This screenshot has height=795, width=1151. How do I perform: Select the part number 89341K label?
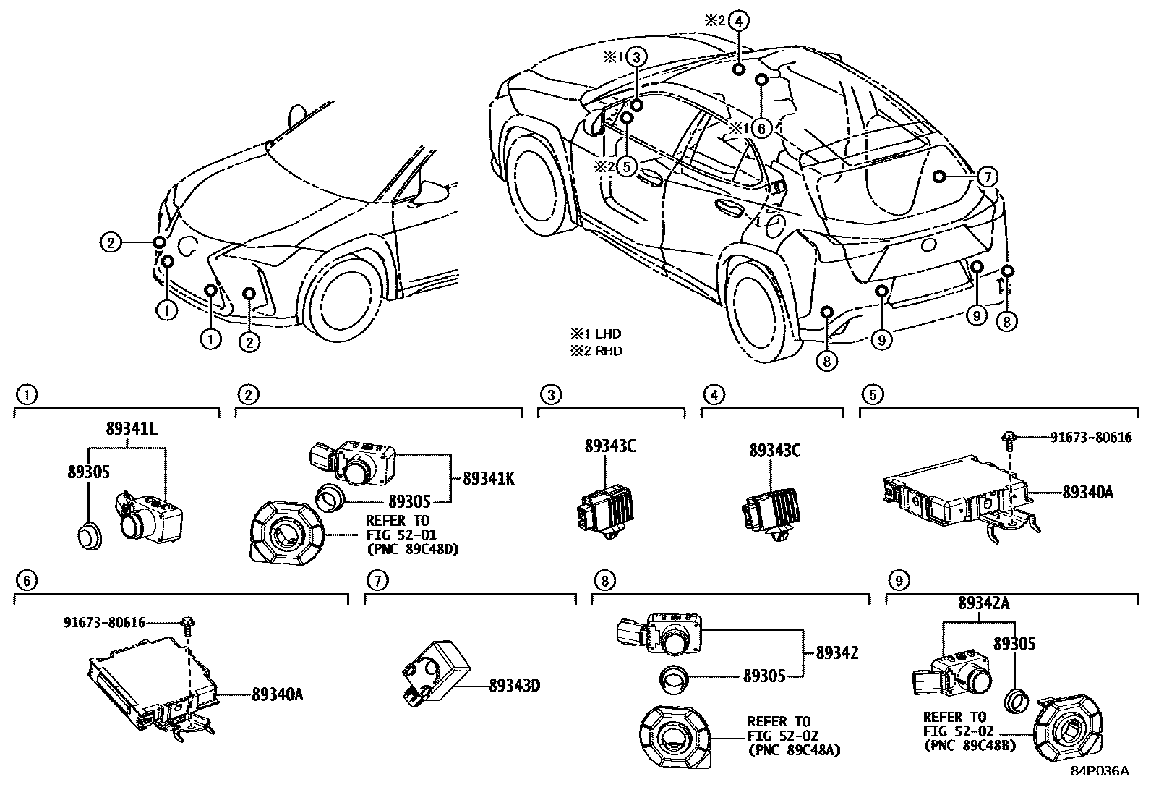[488, 478]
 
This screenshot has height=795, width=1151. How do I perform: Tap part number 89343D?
[515, 684]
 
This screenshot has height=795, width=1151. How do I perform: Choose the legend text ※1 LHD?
[596, 334]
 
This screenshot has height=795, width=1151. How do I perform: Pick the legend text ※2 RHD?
[596, 351]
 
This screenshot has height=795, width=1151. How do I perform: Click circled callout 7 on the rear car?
[987, 176]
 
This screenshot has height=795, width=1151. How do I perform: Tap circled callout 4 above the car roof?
[737, 21]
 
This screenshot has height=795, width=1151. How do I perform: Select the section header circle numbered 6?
[25, 580]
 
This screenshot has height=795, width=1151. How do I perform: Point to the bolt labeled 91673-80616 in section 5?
[1010, 437]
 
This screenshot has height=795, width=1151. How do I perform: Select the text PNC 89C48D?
[413, 548]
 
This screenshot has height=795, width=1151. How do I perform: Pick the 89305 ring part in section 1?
[89, 537]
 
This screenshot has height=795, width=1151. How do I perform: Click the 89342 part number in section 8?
[836, 652]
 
